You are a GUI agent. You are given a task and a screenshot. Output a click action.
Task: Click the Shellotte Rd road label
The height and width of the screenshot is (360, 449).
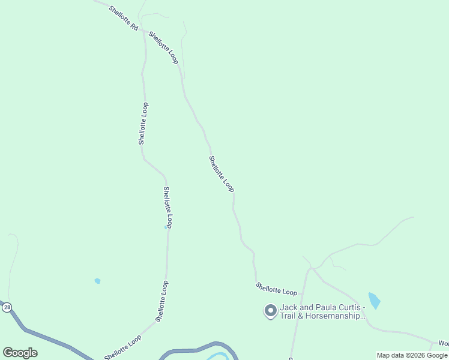tap(124, 19)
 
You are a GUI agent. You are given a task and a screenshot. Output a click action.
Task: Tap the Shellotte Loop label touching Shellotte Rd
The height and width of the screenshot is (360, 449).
tap(163, 48)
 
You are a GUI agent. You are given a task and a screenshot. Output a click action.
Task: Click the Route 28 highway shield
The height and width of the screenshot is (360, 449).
tap(7, 307)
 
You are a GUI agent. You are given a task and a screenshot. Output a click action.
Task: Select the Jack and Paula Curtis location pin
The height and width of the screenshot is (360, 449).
tap(270, 311)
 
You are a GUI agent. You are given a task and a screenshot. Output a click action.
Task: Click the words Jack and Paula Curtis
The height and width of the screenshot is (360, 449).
tap(322, 307)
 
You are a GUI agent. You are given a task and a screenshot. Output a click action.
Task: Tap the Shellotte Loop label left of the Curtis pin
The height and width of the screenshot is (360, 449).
tap(276, 289)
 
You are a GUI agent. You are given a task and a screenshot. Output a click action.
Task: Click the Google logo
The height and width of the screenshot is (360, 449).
tap(20, 353)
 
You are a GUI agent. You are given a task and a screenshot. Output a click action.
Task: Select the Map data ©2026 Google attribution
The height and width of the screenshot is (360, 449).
tap(412, 355)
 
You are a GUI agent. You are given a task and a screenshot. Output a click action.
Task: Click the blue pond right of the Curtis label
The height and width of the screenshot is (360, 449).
tap(374, 300)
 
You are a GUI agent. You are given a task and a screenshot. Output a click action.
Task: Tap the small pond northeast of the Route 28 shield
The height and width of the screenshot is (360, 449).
tap(97, 281)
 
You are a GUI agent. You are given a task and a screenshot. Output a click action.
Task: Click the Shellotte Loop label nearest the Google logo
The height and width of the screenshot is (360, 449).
tap(122, 347)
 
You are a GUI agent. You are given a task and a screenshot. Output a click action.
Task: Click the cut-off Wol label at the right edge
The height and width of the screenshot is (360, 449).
tap(443, 343)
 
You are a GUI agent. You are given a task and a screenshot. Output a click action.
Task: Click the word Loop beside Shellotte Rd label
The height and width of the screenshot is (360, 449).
tap(172, 57)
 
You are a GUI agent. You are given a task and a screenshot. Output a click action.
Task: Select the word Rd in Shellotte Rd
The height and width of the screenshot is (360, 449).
tap(134, 27)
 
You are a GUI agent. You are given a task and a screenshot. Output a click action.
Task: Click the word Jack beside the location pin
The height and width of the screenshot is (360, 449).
tap(289, 307)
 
